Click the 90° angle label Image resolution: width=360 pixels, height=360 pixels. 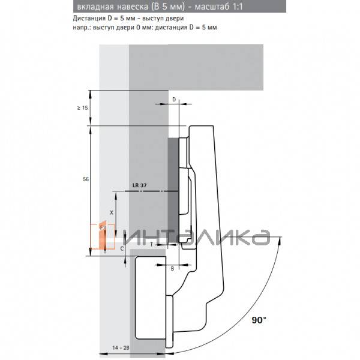(259, 320)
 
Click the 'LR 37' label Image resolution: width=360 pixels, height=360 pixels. (139, 185)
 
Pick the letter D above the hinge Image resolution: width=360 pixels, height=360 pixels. (174, 98)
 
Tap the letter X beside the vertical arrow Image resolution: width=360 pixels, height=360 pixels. (111, 212)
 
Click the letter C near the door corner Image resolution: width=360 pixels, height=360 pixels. (122, 247)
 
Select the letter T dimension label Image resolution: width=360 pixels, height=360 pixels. (151, 245)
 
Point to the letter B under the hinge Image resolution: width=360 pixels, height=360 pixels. (172, 268)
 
